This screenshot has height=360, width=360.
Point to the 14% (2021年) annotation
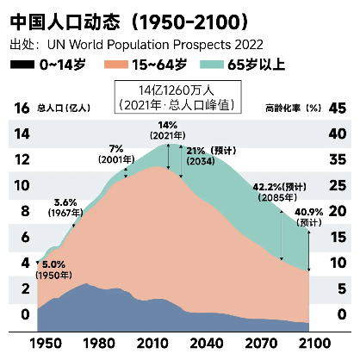coord(168,130)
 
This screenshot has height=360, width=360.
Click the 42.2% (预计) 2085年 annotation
coord(278,191)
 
